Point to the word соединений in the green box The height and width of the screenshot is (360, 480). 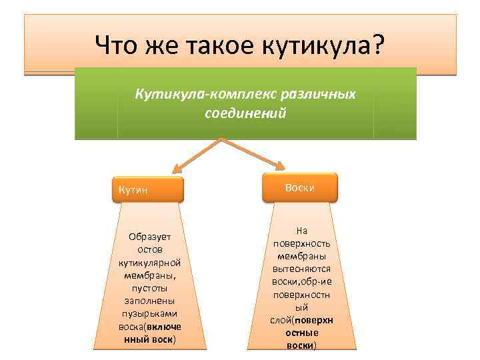pos(245,113)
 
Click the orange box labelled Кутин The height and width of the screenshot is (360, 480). pos(148,190)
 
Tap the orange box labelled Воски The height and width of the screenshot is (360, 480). pos(299,188)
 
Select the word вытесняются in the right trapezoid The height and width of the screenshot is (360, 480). pos(301,269)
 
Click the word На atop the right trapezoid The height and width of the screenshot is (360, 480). pos(301,231)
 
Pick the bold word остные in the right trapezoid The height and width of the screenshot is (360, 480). pos(301,333)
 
